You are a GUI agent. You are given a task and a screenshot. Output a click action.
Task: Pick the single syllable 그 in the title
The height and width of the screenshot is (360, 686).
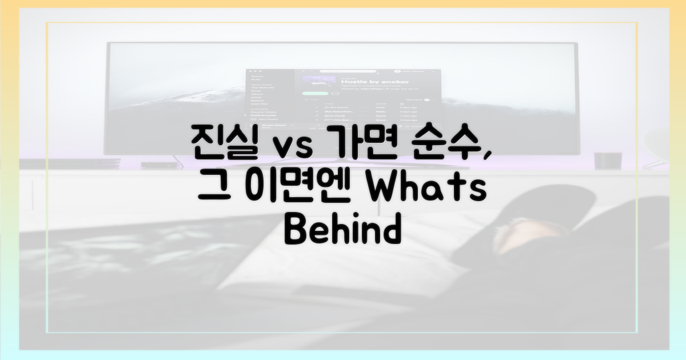coord(213,186)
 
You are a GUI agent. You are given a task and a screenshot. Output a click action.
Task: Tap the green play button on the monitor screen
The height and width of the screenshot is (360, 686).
coord(314,93)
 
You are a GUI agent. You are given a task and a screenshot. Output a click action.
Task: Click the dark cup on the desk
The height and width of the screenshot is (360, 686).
coord(603,161)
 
